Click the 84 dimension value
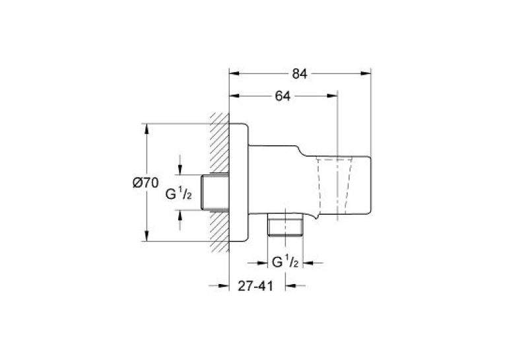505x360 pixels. tap(300, 74)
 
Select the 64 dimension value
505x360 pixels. tap(283, 96)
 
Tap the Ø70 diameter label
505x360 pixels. tap(146, 183)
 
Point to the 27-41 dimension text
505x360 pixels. tap(255, 286)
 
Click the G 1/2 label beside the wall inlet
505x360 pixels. tap(179, 194)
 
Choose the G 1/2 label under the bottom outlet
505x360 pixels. tap(285, 262)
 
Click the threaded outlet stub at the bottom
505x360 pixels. tap(285, 225)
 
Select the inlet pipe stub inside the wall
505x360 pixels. tap(215, 192)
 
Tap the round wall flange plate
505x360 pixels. tap(239, 182)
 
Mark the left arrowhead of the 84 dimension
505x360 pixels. tap(234, 73)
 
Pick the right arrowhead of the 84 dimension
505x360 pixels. tap(366, 73)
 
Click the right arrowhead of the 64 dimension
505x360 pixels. tap(332, 96)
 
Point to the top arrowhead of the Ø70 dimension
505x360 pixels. tap(147, 129)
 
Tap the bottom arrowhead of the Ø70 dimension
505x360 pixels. tap(147, 236)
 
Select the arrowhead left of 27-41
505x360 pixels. tap(224, 285)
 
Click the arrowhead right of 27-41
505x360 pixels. tap(291, 285)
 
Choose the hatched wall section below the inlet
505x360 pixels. tap(220, 231)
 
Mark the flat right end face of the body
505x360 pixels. tap(371, 186)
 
